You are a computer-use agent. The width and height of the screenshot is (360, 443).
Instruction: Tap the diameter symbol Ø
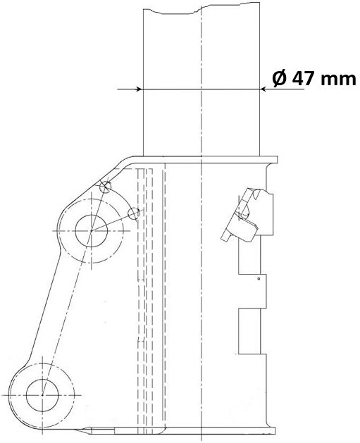tap(278, 78)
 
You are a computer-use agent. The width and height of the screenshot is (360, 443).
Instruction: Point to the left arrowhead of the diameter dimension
tap(139, 89)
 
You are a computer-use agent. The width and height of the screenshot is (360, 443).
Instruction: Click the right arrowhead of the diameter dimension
tap(265, 89)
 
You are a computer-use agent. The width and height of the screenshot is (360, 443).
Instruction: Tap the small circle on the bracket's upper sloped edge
tap(106, 187)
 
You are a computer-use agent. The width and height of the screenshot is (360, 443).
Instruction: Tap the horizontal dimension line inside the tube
tap(201, 89)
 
